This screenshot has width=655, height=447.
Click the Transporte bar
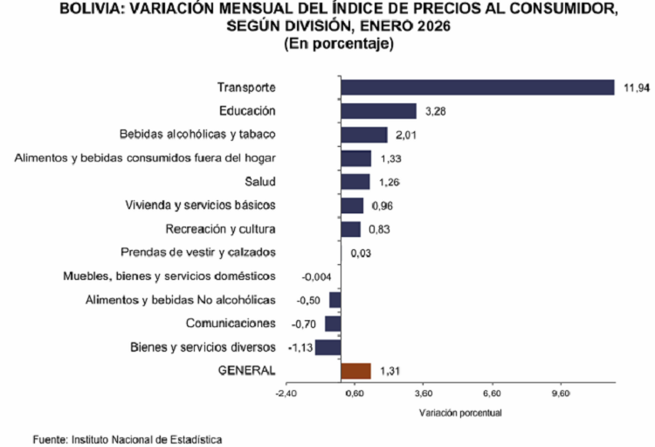click(x=478, y=87)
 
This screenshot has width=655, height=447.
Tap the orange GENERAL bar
click(x=355, y=371)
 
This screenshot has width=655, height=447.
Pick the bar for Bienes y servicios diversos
click(x=327, y=346)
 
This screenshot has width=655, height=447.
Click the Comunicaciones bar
click(x=333, y=323)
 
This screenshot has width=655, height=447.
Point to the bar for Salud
click(x=355, y=181)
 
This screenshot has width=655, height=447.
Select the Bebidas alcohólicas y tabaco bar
click(x=364, y=134)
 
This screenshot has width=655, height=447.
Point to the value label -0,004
click(x=316, y=276)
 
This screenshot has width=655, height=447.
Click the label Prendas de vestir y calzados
click(x=198, y=252)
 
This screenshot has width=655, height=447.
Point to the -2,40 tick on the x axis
click(x=286, y=393)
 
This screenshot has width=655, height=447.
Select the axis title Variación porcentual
click(x=460, y=411)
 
